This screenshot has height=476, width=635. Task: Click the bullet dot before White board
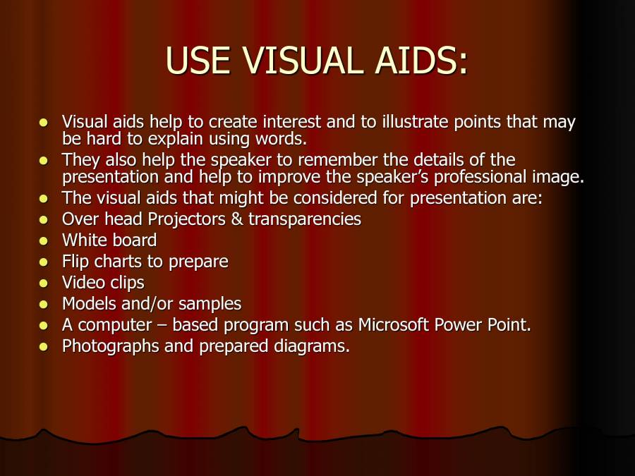pos(44,241)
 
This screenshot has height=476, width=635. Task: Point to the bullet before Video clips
pos(44,283)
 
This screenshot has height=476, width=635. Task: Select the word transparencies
pos(305,219)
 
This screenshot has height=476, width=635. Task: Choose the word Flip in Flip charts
pos(75,262)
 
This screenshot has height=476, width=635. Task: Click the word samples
pos(210,304)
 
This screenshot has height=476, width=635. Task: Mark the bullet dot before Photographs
pos(44,347)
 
